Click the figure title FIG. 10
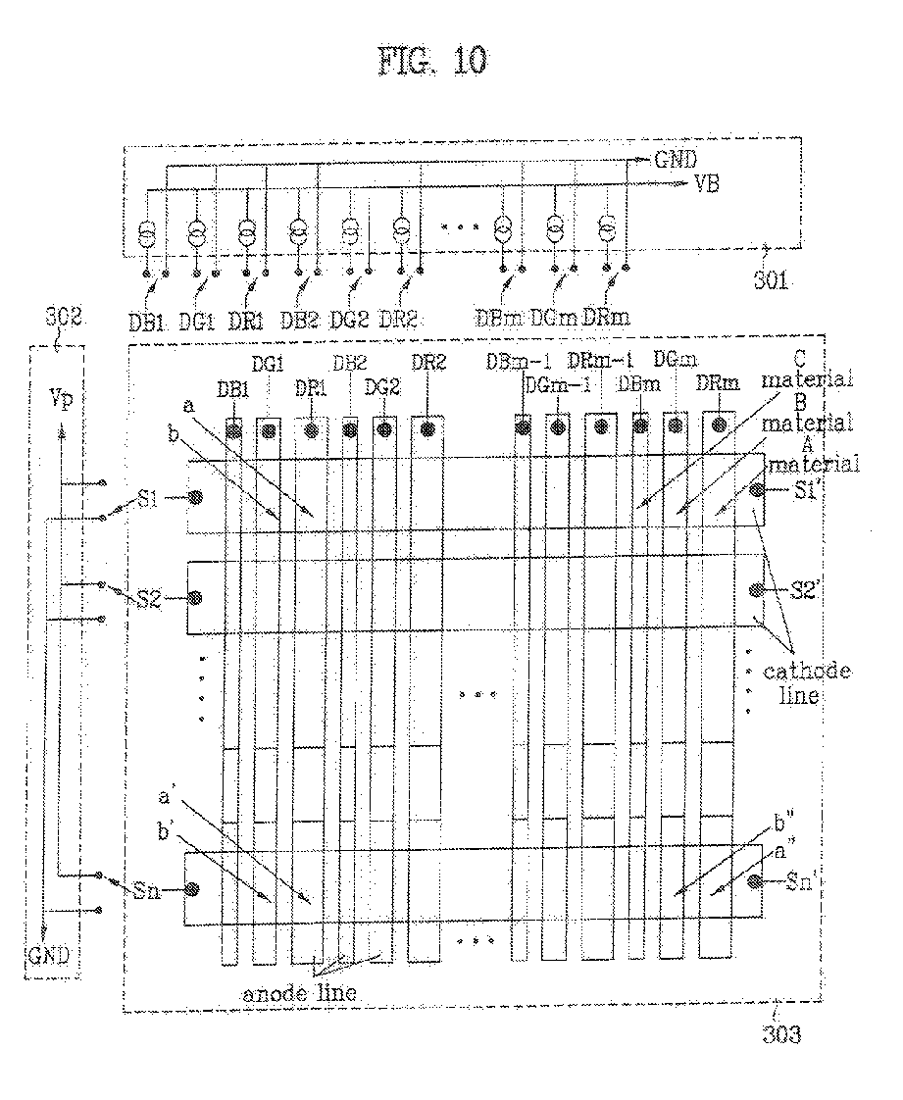(431, 61)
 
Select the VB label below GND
(706, 183)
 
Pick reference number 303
(781, 1033)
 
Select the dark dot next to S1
(196, 496)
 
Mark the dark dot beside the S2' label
(756, 589)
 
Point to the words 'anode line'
(299, 991)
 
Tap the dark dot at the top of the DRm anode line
(720, 425)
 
